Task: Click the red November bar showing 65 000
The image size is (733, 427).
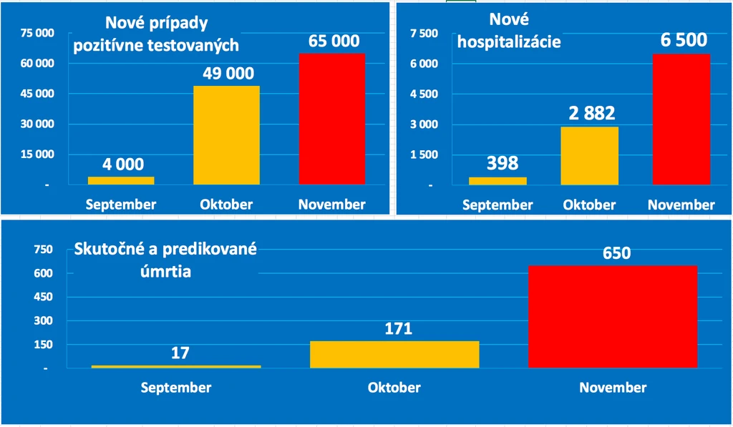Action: point(332,119)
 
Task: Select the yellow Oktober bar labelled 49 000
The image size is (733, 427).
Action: point(226,135)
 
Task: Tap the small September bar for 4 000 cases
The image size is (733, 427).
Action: point(121,180)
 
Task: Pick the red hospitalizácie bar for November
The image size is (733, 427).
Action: point(681,119)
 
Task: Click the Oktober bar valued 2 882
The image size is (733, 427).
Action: point(590,156)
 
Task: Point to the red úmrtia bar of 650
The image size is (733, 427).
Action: point(613,316)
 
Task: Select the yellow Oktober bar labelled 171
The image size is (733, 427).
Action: point(394,354)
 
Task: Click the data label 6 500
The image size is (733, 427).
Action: point(684,40)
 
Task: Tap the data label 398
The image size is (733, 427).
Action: point(503,163)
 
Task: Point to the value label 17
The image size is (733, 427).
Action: point(180,353)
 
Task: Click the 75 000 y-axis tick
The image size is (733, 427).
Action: point(37,33)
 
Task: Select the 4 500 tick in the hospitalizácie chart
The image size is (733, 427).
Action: point(424,94)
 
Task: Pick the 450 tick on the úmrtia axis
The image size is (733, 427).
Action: point(44,297)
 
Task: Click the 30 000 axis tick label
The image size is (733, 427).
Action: point(37,124)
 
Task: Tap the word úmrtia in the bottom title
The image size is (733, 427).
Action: point(165,271)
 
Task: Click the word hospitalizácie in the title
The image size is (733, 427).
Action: point(509,41)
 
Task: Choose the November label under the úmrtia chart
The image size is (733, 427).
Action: point(613,387)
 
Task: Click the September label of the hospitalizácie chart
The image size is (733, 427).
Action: point(497,205)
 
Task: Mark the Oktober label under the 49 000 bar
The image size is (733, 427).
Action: point(226,204)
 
